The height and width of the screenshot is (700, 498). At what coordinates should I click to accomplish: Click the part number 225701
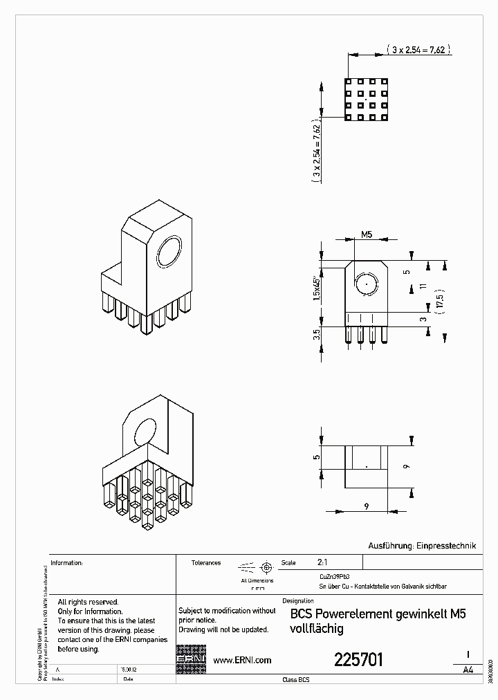point(358,659)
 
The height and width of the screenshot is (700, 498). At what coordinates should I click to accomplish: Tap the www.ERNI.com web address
point(241,661)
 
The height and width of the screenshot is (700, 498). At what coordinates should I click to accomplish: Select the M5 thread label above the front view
point(366,235)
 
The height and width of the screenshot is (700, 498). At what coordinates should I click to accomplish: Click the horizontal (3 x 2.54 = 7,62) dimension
point(418,50)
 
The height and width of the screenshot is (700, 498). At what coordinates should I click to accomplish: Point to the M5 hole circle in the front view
point(366,284)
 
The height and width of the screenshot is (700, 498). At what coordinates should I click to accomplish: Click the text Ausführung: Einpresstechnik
point(423,546)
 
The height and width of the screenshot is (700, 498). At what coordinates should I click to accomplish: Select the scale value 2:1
point(322,563)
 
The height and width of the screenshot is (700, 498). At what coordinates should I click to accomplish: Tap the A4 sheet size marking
point(468,670)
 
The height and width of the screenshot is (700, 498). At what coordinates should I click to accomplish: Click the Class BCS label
point(296,681)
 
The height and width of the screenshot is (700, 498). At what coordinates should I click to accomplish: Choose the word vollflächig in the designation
point(316,629)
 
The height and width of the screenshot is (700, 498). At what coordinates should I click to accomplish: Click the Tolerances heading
point(206,563)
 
